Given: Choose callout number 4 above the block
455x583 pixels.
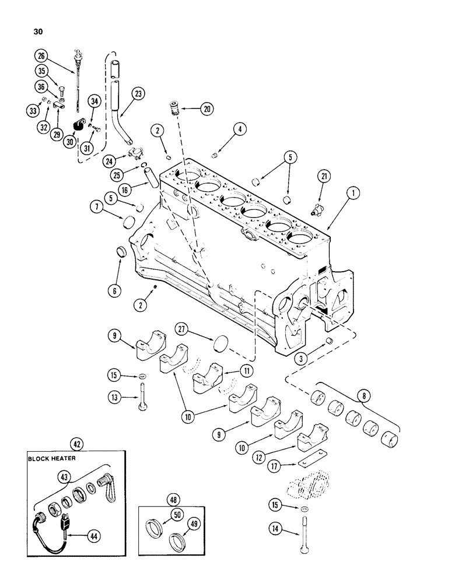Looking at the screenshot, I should (x=238, y=128).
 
